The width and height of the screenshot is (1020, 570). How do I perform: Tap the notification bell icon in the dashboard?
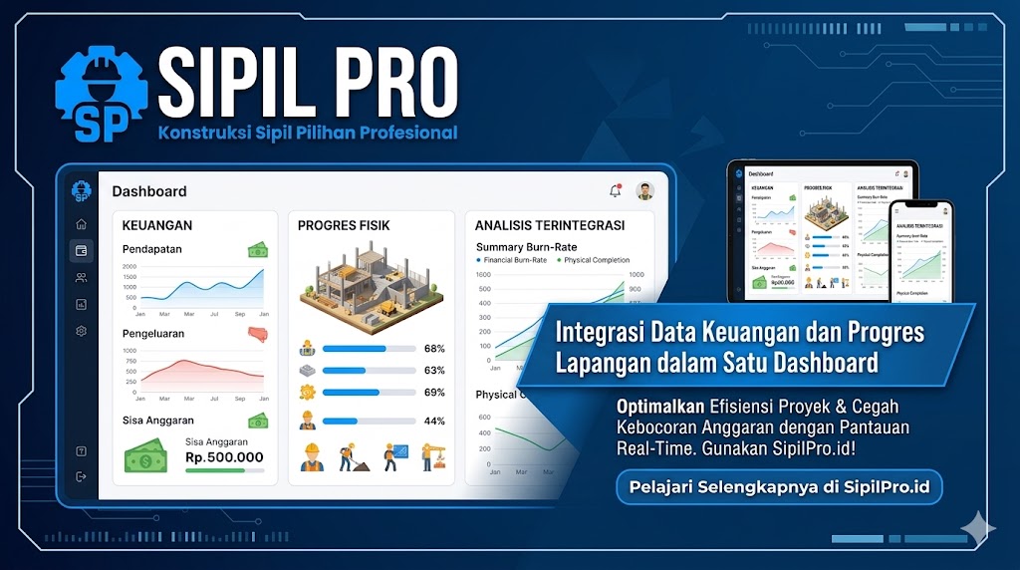click(615, 190)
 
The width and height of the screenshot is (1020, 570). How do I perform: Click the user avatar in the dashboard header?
click(644, 191)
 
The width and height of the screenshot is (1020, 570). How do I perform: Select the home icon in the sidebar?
click(82, 224)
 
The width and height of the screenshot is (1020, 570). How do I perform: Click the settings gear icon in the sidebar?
click(82, 331)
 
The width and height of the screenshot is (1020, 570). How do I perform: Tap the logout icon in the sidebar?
click(82, 476)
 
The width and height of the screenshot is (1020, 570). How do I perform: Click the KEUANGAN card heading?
click(157, 226)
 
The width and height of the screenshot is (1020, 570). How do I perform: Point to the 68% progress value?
click(434, 349)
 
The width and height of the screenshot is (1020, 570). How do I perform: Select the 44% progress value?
click(434, 421)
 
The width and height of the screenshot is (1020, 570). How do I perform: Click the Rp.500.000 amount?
click(224, 457)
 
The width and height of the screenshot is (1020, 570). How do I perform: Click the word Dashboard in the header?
click(149, 191)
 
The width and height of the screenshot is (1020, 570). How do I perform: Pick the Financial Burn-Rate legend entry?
click(514, 260)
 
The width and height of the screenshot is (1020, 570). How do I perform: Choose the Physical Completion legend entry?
click(595, 260)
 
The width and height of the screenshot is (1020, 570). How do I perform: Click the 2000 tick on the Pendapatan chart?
click(129, 267)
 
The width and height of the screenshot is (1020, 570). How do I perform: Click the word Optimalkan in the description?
click(660, 407)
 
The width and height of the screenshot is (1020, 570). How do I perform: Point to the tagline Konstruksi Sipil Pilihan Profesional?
click(307, 133)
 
